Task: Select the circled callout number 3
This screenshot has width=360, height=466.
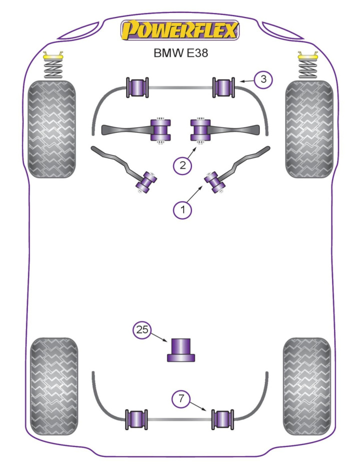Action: click(x=263, y=79)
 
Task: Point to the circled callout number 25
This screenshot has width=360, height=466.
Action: click(x=142, y=330)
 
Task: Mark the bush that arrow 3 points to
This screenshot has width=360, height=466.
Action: click(x=224, y=88)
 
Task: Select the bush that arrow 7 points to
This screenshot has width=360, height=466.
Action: click(x=223, y=419)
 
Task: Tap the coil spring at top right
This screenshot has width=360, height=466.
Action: click(x=308, y=66)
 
